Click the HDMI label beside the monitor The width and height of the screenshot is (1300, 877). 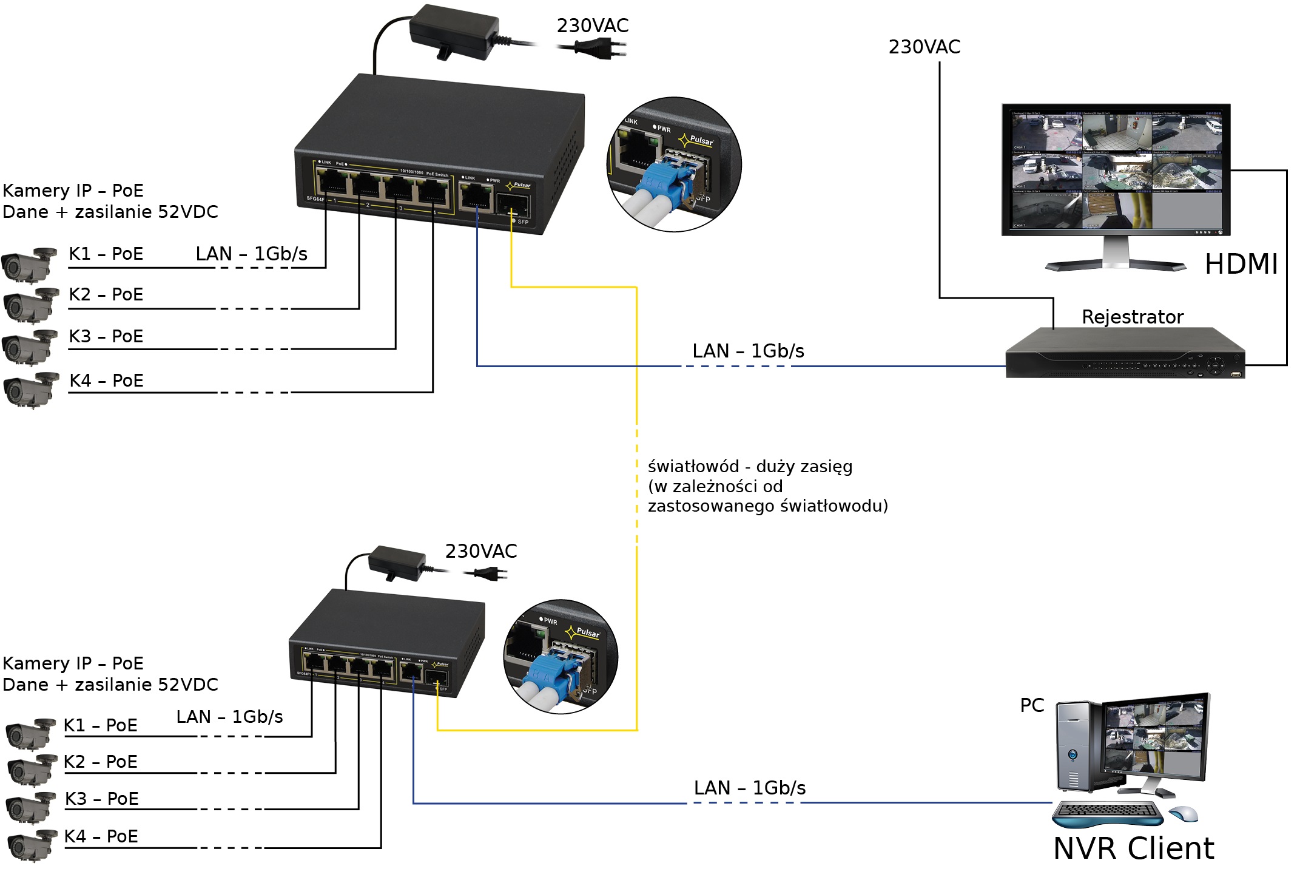click(1241, 264)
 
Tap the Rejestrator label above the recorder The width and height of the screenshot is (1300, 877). click(1132, 317)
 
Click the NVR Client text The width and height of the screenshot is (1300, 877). click(1133, 848)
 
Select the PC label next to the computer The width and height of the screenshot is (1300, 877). click(1032, 705)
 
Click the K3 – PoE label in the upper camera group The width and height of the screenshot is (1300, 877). click(106, 336)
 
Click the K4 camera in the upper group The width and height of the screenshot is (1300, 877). click(30, 389)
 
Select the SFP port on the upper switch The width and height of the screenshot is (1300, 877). click(512, 205)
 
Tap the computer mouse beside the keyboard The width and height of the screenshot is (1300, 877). click(1184, 813)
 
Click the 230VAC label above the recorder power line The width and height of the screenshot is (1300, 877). click(924, 47)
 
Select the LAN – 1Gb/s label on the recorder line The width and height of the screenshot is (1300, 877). click(748, 351)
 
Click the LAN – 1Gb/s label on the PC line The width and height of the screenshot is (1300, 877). click(749, 788)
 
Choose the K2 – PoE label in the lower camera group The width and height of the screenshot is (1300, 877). click(101, 762)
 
